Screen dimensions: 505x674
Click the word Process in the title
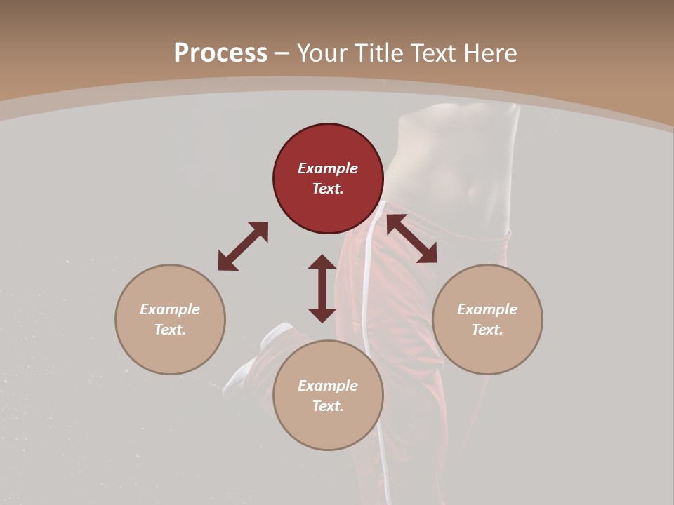pyautogui.click(x=220, y=53)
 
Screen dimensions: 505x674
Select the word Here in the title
pyautogui.click(x=489, y=53)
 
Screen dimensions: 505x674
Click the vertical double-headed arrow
pyautogui.click(x=322, y=288)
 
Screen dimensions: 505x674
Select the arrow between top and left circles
pyautogui.click(x=243, y=246)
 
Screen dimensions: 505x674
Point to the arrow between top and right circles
pyautogui.click(x=411, y=239)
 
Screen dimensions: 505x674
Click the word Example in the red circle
pyautogui.click(x=328, y=168)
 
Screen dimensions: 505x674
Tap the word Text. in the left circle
pyautogui.click(x=170, y=330)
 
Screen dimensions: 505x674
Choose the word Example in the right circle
pyautogui.click(x=487, y=309)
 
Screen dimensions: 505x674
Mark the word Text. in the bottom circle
pyautogui.click(x=328, y=406)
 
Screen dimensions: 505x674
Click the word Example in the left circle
pyautogui.click(x=170, y=309)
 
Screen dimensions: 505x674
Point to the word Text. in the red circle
pyautogui.click(x=328, y=189)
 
